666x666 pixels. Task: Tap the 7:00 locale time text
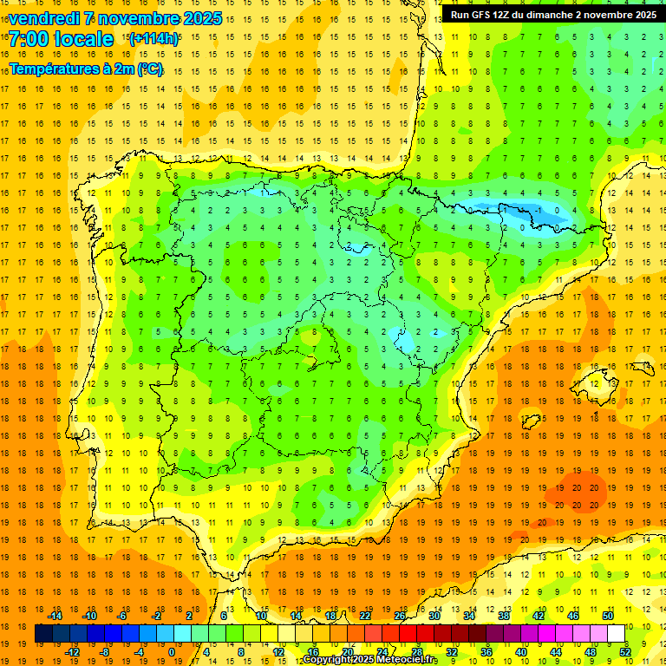(x=61, y=40)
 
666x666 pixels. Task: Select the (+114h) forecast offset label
(x=153, y=39)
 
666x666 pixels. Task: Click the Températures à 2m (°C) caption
(x=86, y=69)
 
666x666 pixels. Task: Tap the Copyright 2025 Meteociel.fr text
(x=369, y=660)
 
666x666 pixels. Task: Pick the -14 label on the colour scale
(x=55, y=616)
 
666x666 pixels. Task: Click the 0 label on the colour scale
(x=172, y=651)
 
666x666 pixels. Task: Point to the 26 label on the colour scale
(x=400, y=616)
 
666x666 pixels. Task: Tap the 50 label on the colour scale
(x=607, y=616)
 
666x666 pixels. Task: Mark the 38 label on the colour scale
(x=503, y=616)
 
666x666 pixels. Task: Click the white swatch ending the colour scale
(x=616, y=634)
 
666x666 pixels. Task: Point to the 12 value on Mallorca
(x=593, y=384)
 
